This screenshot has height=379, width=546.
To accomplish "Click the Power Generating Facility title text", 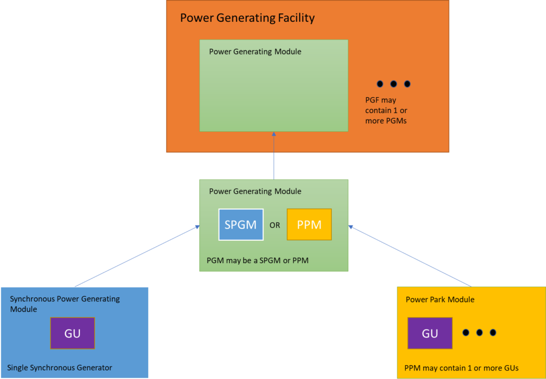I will click(247, 18).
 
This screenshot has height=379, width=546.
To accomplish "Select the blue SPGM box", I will click(240, 225).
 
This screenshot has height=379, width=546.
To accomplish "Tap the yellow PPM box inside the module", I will click(309, 225).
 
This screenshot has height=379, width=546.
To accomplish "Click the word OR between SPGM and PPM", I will click(275, 225).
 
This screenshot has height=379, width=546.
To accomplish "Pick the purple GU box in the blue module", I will click(73, 333).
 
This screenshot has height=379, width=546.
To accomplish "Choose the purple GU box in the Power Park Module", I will click(430, 333).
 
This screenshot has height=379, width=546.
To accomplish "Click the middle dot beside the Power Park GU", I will click(479, 333).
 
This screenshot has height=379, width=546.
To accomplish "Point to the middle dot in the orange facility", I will click(394, 84).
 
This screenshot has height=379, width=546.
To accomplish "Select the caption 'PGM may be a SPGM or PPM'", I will click(258, 261).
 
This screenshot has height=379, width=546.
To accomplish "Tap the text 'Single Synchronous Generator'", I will click(60, 367).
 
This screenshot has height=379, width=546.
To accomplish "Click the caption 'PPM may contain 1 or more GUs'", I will click(461, 368).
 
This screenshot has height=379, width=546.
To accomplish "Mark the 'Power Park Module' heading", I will click(440, 299).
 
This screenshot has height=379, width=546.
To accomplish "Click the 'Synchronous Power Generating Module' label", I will click(65, 304).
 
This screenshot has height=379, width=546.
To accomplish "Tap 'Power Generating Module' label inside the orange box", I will click(255, 52).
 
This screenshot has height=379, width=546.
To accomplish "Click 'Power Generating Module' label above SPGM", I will click(255, 191).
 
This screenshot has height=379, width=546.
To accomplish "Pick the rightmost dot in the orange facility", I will click(407, 84).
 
